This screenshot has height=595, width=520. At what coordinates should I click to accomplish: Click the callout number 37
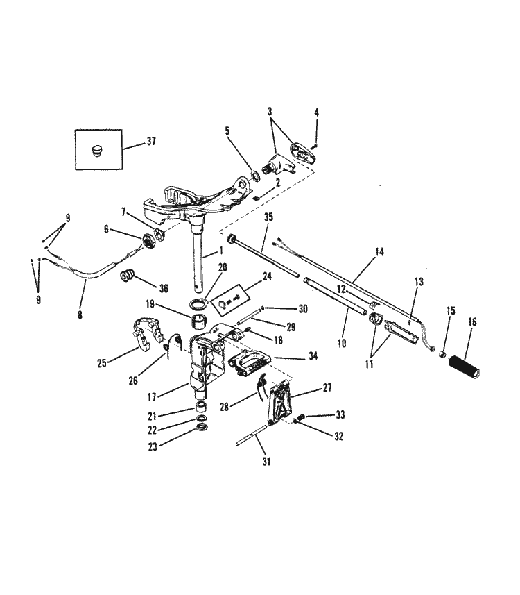click(x=151, y=142)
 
